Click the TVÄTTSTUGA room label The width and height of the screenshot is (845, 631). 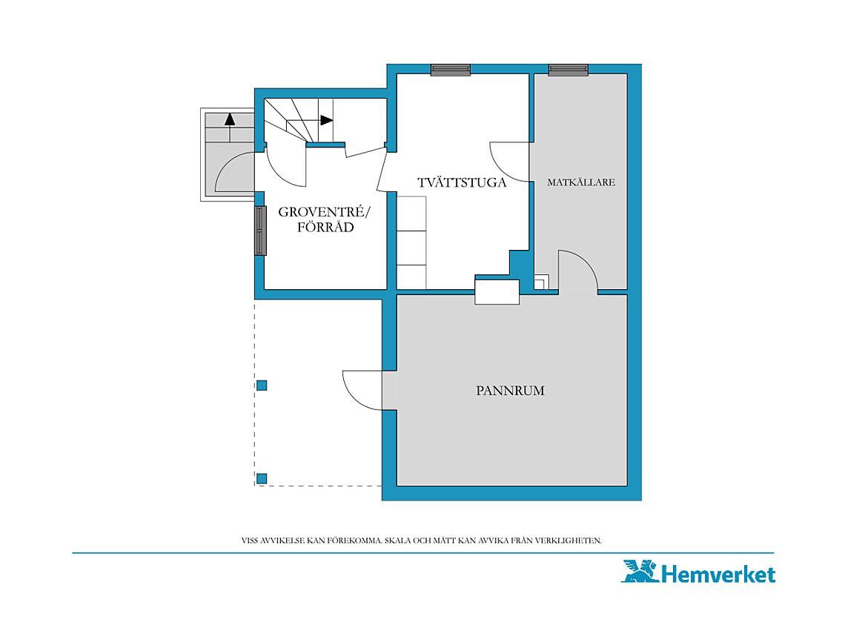click(462, 182)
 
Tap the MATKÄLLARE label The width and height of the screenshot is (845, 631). click(581, 182)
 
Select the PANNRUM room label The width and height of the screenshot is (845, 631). click(510, 391)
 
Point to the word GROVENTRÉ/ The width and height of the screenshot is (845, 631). click(325, 212)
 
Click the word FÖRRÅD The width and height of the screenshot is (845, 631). click(325, 227)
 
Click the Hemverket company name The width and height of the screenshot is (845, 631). click(718, 575)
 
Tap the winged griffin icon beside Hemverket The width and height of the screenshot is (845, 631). click(640, 571)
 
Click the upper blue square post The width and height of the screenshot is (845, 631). click(262, 385)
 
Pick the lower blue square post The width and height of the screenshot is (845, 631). click(262, 478)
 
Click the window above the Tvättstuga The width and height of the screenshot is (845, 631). click(451, 70)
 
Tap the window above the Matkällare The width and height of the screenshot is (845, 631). click(568, 70)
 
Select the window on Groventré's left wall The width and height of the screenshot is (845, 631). click(260, 231)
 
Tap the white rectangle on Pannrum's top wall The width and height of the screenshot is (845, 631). click(497, 292)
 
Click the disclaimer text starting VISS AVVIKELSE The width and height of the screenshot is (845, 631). click(422, 541)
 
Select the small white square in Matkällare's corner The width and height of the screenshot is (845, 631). click(542, 282)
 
